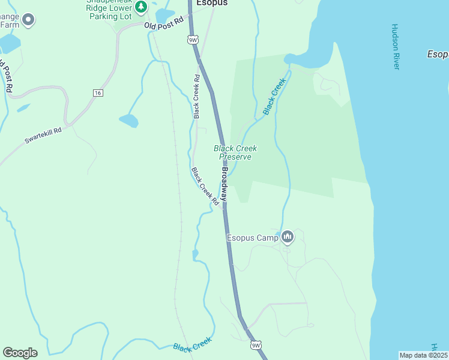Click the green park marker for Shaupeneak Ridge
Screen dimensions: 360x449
(x=141, y=7)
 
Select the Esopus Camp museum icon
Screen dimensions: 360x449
(x=288, y=238)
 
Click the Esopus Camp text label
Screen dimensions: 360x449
(x=252, y=238)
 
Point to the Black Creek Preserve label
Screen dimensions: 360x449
(x=235, y=152)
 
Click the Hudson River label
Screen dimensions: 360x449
(x=395, y=47)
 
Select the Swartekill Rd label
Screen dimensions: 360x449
(x=43, y=135)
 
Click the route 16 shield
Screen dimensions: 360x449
(x=97, y=92)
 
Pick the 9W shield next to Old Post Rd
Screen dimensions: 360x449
(x=192, y=40)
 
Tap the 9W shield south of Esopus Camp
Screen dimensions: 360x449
(x=256, y=345)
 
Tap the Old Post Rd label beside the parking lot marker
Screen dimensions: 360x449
(x=163, y=26)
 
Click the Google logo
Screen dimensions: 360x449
(x=20, y=353)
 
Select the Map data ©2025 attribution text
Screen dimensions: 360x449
(x=423, y=355)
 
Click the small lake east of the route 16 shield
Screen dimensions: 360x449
(x=129, y=121)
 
